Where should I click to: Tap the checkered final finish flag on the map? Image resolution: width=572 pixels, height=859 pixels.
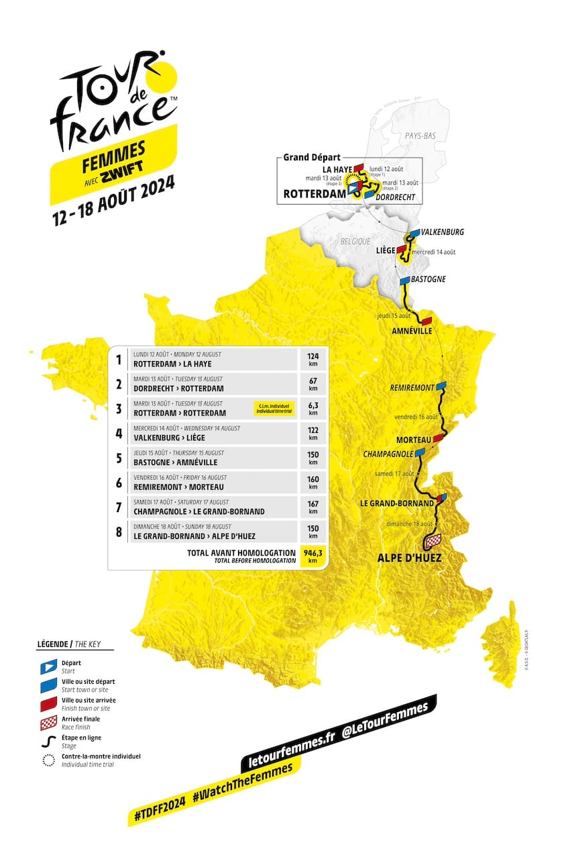point(433,540)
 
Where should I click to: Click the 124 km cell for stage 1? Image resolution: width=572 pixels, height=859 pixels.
point(313,359)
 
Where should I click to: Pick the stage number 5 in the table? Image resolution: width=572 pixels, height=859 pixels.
point(119,458)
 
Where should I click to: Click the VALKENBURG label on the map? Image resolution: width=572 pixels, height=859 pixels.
point(441,232)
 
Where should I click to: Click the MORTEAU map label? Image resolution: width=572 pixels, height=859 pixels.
point(409,440)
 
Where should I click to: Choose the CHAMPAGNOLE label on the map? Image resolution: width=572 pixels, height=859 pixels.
point(388,454)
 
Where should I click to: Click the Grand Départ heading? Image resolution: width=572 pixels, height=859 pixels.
point(312,158)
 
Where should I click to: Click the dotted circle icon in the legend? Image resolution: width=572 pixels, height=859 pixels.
point(46,760)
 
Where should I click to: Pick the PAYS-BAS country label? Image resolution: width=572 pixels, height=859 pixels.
point(420,136)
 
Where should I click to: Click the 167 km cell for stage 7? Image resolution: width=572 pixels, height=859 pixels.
point(313,507)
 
